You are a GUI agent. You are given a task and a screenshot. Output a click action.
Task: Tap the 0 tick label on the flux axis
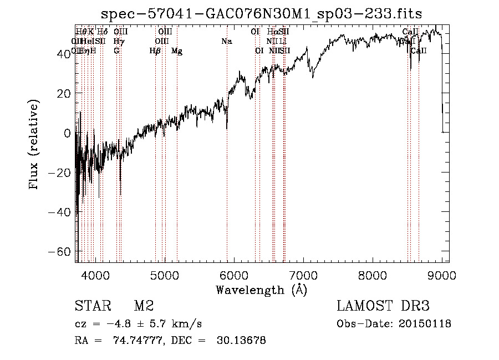coord(68,133)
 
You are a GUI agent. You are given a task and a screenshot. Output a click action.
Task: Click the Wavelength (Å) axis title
coord(261,290)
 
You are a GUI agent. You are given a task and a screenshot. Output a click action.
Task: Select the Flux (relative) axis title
coord(34,145)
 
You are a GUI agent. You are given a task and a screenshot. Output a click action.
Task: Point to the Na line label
coord(226,42)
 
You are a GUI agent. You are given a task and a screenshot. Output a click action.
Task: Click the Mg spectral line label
coord(177,51)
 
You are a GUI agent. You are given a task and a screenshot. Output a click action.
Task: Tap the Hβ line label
coord(155,51)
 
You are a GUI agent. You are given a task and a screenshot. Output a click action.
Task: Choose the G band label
coord(116,51)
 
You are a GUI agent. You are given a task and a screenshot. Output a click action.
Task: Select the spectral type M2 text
coord(143,306)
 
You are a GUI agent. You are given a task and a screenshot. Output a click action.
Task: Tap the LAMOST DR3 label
coord(383,306)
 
